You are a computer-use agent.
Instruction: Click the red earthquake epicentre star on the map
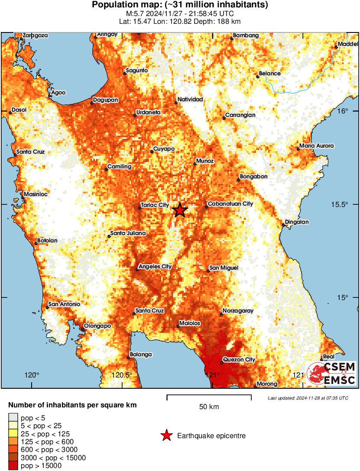coord(180,210)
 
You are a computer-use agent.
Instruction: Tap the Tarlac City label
coord(155,205)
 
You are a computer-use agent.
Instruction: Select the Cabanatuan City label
coord(230,203)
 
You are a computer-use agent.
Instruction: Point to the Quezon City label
coord(239,359)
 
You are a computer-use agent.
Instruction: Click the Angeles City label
coord(155,267)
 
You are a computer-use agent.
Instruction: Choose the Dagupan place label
coord(106,100)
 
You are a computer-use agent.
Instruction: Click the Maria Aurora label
coord(317,146)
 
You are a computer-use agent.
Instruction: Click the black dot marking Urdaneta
coord(135,115)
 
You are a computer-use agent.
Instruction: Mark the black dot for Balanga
coord(129,357)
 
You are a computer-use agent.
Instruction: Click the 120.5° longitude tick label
coord(123,375)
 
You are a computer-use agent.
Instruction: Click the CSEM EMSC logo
coord(331,374)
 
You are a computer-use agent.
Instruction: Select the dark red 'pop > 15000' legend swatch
coord(13,466)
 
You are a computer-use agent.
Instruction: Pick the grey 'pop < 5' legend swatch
coord(13,418)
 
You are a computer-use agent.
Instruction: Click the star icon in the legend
coord(167,436)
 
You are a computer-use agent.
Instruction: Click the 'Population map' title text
coord(180,5)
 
